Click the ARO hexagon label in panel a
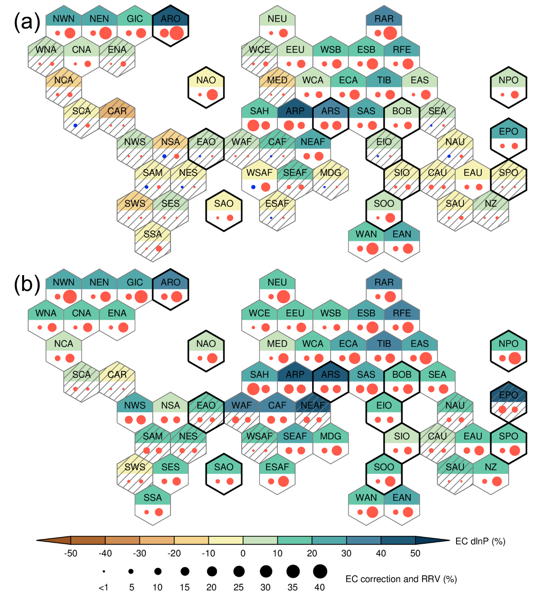point(171,19)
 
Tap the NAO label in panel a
point(206,80)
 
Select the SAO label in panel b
point(224,467)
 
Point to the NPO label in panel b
point(508,343)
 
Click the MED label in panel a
point(277,80)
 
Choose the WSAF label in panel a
point(259,173)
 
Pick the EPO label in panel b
point(508,395)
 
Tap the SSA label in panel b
point(152,498)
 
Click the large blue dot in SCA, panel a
point(75,126)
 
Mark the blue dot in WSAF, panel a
point(253,187)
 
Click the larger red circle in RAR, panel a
point(390,33)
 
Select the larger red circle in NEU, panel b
point(283,296)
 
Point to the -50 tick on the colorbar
point(71,553)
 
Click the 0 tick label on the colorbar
point(243,553)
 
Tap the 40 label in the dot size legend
point(319,587)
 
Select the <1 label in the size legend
point(104,588)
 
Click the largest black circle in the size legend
point(320,571)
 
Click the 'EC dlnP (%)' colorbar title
point(480,541)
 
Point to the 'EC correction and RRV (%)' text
point(401,579)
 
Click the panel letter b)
point(31,284)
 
